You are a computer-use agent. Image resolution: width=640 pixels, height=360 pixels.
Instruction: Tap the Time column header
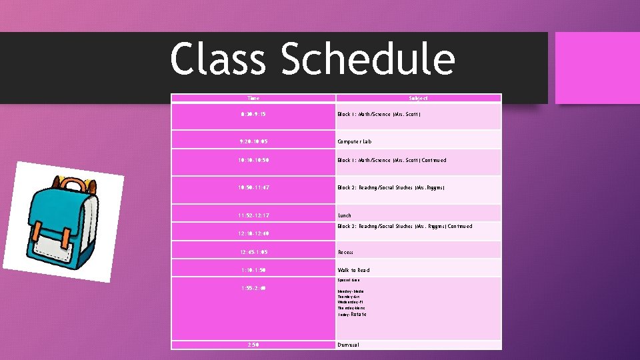point(253,98)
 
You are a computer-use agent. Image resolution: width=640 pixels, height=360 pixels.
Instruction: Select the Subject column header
point(418,98)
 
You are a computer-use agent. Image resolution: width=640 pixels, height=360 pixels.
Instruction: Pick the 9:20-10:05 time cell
point(253,141)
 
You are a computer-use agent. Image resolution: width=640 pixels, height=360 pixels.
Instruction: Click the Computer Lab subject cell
point(355,141)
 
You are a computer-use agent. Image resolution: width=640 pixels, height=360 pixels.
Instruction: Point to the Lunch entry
point(345,215)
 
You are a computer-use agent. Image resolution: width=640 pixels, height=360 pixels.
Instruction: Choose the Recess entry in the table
point(345,252)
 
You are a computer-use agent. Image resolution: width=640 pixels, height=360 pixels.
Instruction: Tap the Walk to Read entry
point(353,270)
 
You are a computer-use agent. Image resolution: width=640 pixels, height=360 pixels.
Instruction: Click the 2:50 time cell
point(253,345)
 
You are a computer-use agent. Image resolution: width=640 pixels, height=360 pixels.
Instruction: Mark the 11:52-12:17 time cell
point(253,215)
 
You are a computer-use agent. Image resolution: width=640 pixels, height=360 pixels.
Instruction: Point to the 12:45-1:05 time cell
point(253,252)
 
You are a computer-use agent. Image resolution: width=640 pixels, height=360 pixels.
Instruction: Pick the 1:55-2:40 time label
point(253,288)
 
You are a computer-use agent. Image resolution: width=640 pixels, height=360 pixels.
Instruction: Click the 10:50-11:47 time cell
point(253,188)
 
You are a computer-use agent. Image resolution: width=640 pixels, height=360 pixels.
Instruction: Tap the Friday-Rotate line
point(352,314)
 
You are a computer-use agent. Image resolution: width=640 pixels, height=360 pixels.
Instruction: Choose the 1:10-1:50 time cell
point(253,270)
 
